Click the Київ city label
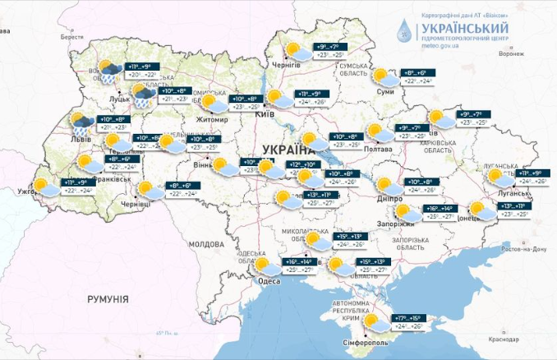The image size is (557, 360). (265, 114)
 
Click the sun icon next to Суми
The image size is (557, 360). (381, 76)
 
